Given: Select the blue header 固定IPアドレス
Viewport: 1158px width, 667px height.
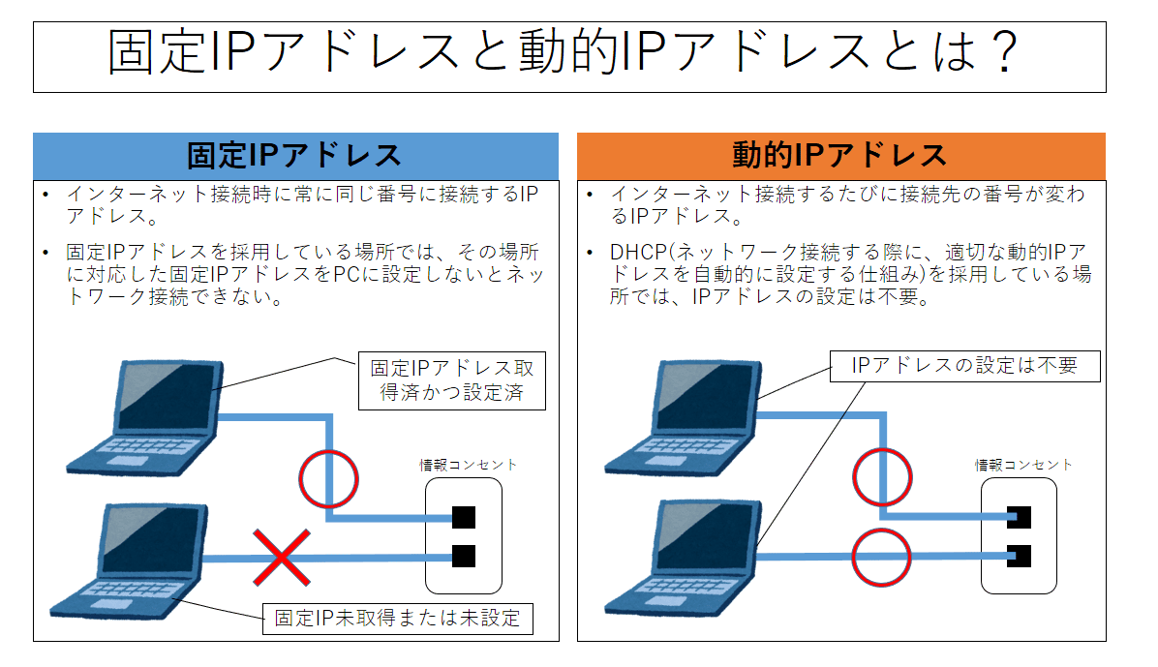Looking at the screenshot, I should [295, 155].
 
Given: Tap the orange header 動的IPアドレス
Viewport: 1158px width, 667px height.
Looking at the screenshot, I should [840, 155].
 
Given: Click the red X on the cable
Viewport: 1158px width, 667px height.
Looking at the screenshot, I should [282, 558].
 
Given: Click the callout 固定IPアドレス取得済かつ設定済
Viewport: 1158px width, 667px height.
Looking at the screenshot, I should [452, 381].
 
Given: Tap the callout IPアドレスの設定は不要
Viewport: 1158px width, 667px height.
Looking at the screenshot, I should [964, 366].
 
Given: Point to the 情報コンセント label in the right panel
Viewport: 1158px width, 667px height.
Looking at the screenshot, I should [1023, 465].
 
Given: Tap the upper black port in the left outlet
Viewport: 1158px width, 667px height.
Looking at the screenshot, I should [464, 517].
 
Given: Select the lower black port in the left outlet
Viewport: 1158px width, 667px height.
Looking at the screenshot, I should [464, 557].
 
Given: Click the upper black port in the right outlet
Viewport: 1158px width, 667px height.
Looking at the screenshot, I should [1018, 517].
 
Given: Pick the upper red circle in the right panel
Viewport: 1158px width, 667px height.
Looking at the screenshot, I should [882, 476].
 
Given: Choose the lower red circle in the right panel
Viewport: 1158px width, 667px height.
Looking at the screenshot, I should [882, 557].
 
